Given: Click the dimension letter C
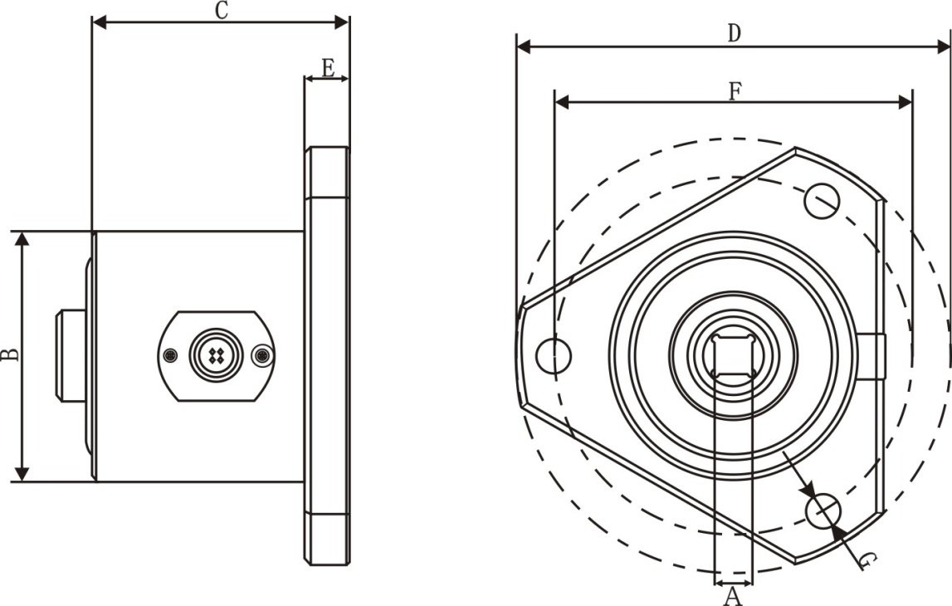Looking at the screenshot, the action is point(222,10).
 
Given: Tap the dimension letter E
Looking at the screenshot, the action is point(328,67).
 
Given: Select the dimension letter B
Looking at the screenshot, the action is point(10,354).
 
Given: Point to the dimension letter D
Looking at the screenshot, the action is point(735,32).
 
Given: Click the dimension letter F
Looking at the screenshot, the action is point(735,91).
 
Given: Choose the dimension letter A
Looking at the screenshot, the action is point(733,596).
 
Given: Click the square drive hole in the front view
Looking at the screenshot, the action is point(734,355).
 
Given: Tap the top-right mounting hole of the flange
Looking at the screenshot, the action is point(822,200).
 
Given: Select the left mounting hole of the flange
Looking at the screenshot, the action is point(554,356).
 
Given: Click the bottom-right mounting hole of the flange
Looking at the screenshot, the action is point(823,511).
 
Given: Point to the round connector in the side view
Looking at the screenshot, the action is point(216,355).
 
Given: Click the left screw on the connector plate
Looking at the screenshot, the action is point(172,355).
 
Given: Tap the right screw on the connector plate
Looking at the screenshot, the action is point(262,355).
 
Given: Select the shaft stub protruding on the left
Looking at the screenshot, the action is point(71,356).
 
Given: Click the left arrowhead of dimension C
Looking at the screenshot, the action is point(100,22).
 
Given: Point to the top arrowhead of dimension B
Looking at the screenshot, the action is point(22,238).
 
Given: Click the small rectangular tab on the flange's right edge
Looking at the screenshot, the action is point(871,356).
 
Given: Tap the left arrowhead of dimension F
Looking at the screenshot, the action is point(562,102).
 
